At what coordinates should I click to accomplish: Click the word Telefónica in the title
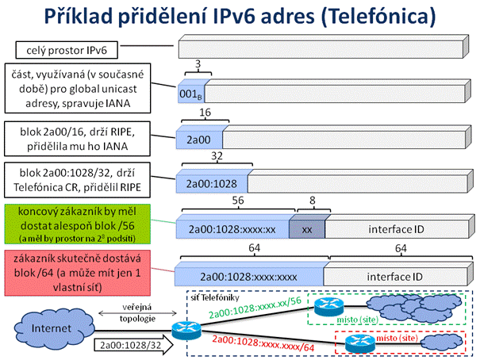378,16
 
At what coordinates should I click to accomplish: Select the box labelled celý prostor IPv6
67,50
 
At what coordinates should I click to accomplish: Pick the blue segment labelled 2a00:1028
212,183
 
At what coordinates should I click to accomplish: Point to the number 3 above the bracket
198,64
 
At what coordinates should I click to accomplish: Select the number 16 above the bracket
205,113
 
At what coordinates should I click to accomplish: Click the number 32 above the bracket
217,156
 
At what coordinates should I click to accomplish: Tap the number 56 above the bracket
238,201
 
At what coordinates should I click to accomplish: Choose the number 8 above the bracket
313,201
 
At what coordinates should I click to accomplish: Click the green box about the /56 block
78,224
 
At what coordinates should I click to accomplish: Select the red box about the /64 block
78,273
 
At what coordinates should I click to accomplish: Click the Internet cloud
52,328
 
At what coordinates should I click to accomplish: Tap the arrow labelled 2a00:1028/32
133,345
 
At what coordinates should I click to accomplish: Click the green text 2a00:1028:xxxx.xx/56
255,308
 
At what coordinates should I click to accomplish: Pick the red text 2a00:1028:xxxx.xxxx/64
263,343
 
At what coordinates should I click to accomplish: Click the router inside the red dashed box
360,343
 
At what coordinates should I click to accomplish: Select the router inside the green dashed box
329,306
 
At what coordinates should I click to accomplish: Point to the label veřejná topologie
137,313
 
